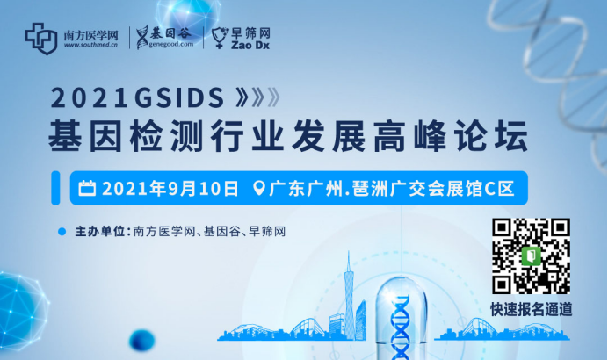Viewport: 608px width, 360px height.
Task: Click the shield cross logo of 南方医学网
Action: pos(41,39)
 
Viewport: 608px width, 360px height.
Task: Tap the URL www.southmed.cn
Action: pos(90,45)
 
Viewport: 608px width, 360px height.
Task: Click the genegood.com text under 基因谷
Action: pos(171,44)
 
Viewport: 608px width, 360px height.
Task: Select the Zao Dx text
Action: pos(250,46)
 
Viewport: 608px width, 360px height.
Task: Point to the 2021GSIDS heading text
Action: pos(138,97)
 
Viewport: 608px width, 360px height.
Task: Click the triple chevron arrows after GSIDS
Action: pos(257,97)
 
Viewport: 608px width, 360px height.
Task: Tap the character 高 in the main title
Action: pos(389,136)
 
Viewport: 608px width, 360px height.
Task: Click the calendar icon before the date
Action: pos(87,188)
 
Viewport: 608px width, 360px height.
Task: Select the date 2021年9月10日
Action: pos(170,188)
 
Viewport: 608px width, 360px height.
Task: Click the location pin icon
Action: pos(258,188)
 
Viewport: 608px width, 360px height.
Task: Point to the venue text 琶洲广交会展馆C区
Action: pos(433,189)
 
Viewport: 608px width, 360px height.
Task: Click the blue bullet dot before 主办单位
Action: pos(62,232)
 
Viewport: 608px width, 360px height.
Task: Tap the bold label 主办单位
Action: pos(99,232)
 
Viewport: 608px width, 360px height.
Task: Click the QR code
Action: pos(532,256)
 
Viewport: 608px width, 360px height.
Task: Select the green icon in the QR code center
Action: pos(532,256)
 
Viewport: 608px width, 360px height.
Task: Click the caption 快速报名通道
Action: pos(532,310)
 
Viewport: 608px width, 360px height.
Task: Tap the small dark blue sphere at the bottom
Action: pos(142,340)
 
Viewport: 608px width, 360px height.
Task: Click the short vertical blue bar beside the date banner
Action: pos(55,188)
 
